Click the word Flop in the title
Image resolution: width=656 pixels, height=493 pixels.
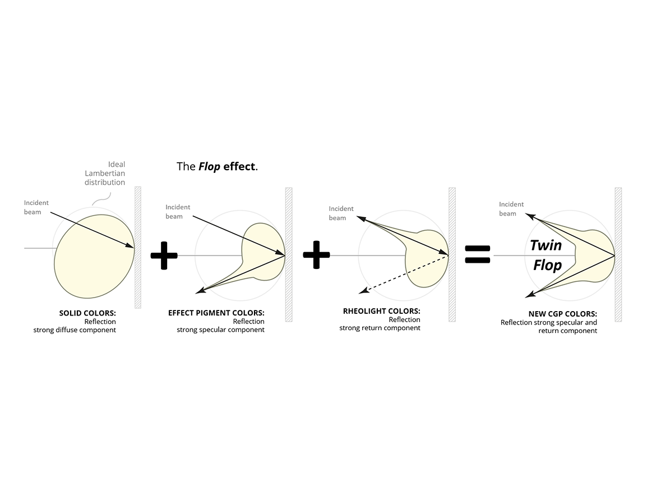pyautogui.click(x=209, y=167)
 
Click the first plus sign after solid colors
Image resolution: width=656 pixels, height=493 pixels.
pyautogui.click(x=164, y=255)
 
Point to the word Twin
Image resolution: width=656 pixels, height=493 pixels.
pyautogui.click(x=546, y=245)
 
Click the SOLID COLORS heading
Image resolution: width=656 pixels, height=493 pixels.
pyautogui.click(x=87, y=313)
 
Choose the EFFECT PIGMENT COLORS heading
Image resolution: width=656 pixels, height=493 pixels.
pyautogui.click(x=216, y=313)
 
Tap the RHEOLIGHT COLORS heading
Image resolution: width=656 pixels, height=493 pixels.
pyautogui.click(x=381, y=311)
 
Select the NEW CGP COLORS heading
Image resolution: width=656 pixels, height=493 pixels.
pyautogui.click(x=562, y=314)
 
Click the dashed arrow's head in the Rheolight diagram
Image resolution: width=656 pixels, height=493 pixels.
pyautogui.click(x=362, y=291)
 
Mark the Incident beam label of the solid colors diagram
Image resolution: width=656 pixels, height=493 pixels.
pyautogui.click(x=36, y=207)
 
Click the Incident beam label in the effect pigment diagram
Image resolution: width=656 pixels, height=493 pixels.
pyautogui.click(x=178, y=212)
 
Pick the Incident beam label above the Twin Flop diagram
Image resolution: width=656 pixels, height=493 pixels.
pyautogui.click(x=511, y=209)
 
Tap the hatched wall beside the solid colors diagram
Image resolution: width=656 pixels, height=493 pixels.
pyautogui.click(x=138, y=247)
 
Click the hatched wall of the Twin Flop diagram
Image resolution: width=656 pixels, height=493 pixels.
pyautogui.click(x=618, y=254)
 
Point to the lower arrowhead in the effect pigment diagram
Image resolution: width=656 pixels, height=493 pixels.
pyautogui.click(x=199, y=290)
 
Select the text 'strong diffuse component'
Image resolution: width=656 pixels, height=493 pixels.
pyautogui.click(x=75, y=330)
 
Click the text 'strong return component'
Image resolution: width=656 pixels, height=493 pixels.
pyautogui.click(x=380, y=328)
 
